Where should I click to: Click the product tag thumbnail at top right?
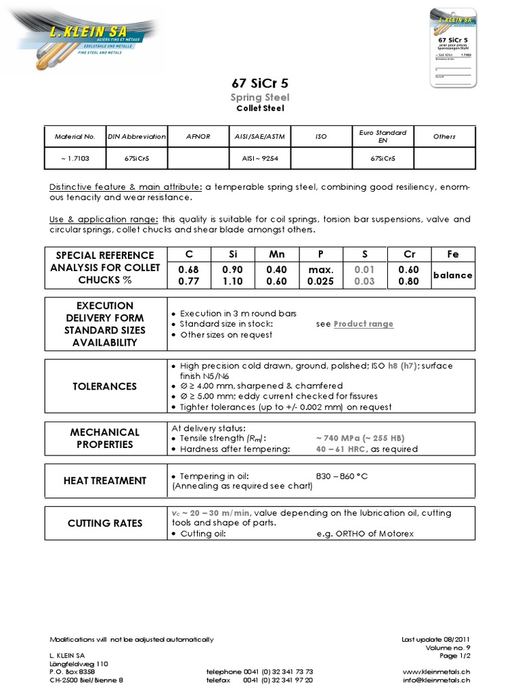pos(453,47)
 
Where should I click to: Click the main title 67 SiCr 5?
pos(260,84)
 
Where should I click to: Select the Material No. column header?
pos(74,136)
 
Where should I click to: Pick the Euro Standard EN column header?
pos(383,136)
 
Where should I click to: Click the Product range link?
pos(363,324)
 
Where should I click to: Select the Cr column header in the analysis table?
pos(409,254)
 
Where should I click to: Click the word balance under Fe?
pos(453,275)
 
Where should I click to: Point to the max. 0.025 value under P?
pos(320,275)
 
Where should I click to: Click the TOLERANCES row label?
pos(104,386)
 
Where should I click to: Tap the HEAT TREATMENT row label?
pos(104,481)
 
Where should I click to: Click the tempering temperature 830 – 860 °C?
pos(342,476)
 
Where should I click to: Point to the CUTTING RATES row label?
pos(104,523)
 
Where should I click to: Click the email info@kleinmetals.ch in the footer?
pos(436,680)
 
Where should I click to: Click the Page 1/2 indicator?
pos(455,656)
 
